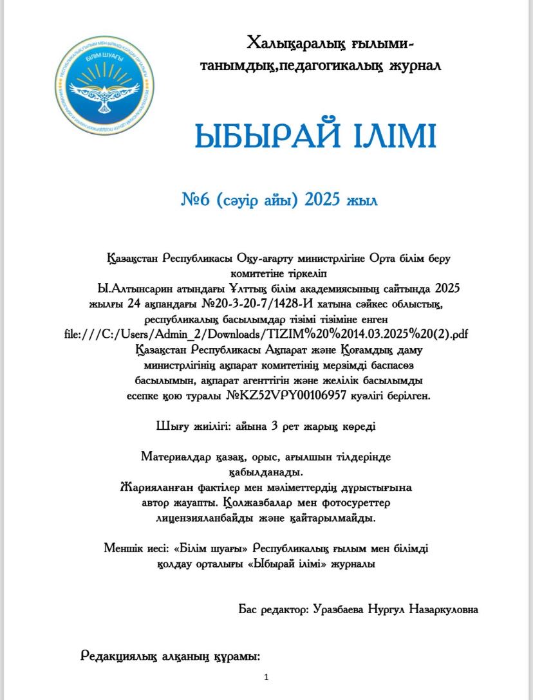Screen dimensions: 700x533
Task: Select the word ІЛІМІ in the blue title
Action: tap(395, 136)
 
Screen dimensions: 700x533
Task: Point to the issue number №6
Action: tap(196, 200)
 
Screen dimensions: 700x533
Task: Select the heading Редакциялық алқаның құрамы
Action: tap(171, 656)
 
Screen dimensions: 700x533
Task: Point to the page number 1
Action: tap(266, 677)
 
